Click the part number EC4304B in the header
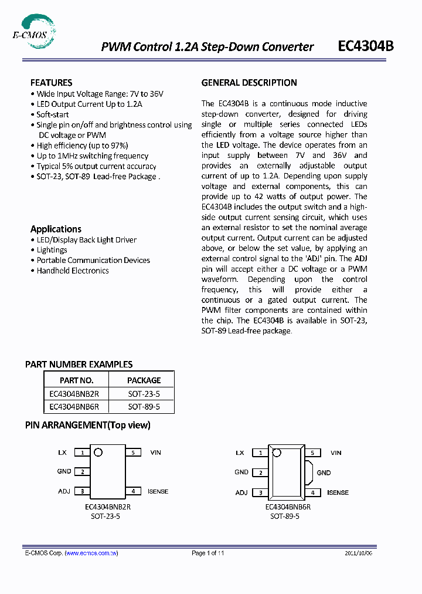click(x=366, y=47)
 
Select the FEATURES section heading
click(x=52, y=83)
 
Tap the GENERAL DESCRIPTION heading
click(x=249, y=83)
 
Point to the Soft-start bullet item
click(x=52, y=114)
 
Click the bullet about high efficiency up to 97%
click(x=81, y=146)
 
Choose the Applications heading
click(x=56, y=229)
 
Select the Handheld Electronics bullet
click(x=72, y=271)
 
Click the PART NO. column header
click(x=76, y=380)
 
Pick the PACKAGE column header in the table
click(x=144, y=380)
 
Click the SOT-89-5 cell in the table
click(x=144, y=406)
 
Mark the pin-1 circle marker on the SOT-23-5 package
click(x=98, y=452)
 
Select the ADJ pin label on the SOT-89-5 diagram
click(x=241, y=492)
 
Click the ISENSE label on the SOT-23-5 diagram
click(x=158, y=491)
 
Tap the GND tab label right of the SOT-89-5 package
click(x=324, y=473)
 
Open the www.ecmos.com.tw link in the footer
click(x=91, y=553)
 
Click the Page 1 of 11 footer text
click(x=208, y=553)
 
